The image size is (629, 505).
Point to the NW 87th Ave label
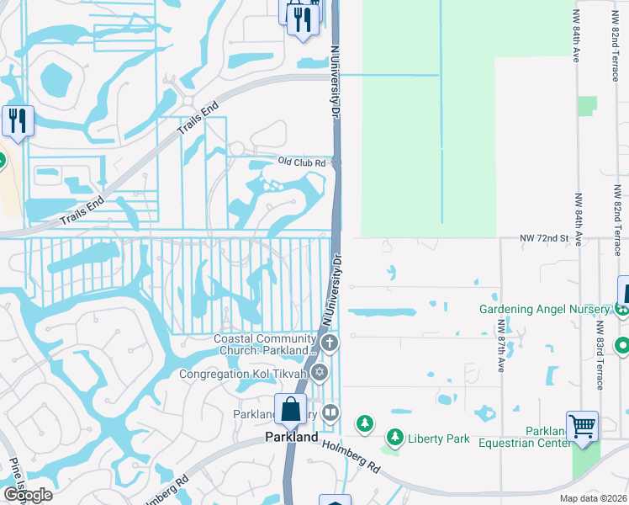point(500,344)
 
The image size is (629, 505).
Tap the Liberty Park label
point(437,438)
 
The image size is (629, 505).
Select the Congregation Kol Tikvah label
point(244,373)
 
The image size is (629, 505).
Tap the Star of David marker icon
point(319,372)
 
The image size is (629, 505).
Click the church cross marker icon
point(330,343)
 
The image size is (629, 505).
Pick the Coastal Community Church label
point(267,344)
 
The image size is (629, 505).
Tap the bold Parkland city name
point(292,438)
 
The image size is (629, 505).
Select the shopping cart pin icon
point(582,428)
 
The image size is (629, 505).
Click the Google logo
point(27,495)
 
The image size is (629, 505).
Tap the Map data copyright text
point(591,498)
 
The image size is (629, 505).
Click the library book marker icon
point(330,413)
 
